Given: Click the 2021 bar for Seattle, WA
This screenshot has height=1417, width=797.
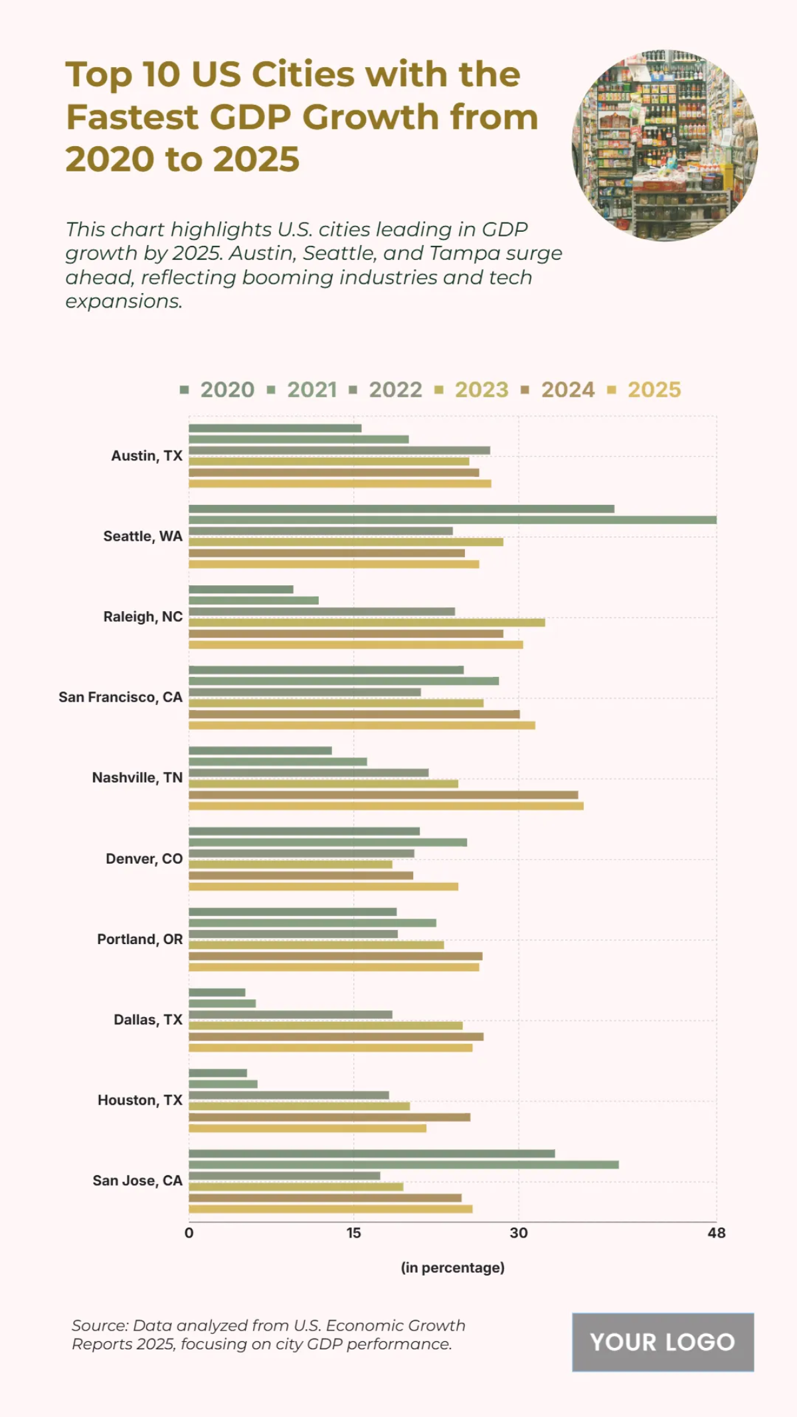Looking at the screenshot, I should pyautogui.click(x=452, y=520).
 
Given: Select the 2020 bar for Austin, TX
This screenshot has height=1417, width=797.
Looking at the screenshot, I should pyautogui.click(x=275, y=428).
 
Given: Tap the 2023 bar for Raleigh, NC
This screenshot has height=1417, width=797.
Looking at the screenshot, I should pyautogui.click(x=367, y=622).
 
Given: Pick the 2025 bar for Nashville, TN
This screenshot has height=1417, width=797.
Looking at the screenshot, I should pyautogui.click(x=386, y=806).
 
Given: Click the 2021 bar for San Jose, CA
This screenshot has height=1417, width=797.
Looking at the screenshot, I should pyautogui.click(x=403, y=1165).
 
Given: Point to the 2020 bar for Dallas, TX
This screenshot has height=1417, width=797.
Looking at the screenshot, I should pyautogui.click(x=217, y=992).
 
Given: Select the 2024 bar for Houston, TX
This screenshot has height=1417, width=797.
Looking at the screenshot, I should pyautogui.click(x=329, y=1117).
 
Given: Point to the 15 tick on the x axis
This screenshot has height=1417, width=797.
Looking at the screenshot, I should pyautogui.click(x=353, y=1234).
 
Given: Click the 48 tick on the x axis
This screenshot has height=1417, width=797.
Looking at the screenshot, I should pyautogui.click(x=717, y=1234).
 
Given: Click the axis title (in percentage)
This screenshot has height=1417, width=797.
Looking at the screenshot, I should pyautogui.click(x=452, y=1268).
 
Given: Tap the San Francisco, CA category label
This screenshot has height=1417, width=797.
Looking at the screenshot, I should pyautogui.click(x=120, y=698).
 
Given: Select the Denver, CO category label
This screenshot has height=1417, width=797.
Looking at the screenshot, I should pyautogui.click(x=144, y=859).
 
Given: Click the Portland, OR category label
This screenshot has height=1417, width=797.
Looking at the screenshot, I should pyautogui.click(x=139, y=939).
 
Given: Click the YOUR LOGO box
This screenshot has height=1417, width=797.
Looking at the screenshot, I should pyautogui.click(x=663, y=1342).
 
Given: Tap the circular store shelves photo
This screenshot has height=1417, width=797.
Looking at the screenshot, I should pyautogui.click(x=664, y=145).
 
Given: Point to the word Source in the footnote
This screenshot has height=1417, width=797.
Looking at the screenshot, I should pyautogui.click(x=100, y=1325).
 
